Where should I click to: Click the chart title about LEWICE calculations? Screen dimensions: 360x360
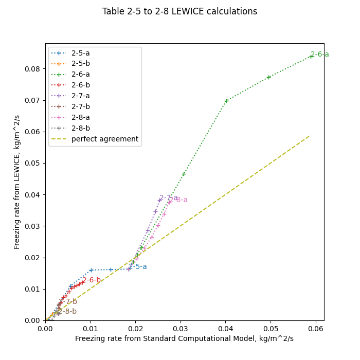pos(179,11)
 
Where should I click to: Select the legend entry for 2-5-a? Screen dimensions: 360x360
pos(80,53)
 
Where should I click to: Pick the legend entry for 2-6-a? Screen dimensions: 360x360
pos(80,75)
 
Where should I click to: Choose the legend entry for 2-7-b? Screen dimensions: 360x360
pos(80,106)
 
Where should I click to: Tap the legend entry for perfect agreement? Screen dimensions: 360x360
pos(104,139)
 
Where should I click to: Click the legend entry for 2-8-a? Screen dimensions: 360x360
pos(80,117)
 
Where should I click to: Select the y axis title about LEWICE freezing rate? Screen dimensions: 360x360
pos(17,182)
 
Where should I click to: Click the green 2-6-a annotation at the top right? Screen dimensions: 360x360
pos(319,54)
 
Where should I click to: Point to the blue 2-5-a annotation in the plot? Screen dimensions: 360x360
pos(138,266)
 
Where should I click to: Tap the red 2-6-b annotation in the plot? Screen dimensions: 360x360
pos(92,280)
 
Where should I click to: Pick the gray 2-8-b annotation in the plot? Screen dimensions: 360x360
pos(67,311)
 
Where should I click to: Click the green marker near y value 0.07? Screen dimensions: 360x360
pos(226,101)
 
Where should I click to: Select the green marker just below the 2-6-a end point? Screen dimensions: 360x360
pos(268,77)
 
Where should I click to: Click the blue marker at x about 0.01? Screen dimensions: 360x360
pos(91,270)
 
